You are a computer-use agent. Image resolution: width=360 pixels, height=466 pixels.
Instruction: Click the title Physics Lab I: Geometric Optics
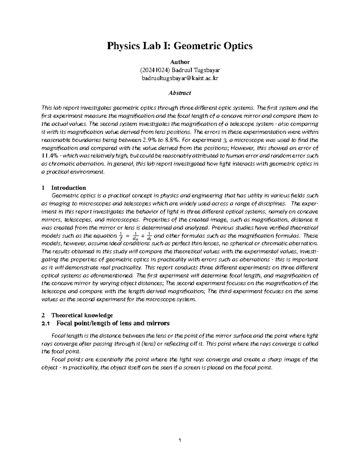tap(180, 46)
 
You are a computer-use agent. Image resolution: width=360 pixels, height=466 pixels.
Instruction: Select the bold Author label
tap(180, 62)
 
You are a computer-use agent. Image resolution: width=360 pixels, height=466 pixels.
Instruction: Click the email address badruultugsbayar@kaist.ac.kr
tap(180, 78)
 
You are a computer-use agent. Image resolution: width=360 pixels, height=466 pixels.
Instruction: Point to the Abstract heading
tap(180, 93)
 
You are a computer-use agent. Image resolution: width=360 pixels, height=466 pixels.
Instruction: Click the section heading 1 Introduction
tap(64, 188)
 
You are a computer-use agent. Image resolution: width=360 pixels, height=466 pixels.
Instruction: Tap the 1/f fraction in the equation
tap(121, 236)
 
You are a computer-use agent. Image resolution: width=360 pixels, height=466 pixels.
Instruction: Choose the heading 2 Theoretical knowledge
tap(77, 315)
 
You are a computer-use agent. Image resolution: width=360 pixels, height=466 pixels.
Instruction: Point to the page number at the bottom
tap(180, 440)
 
